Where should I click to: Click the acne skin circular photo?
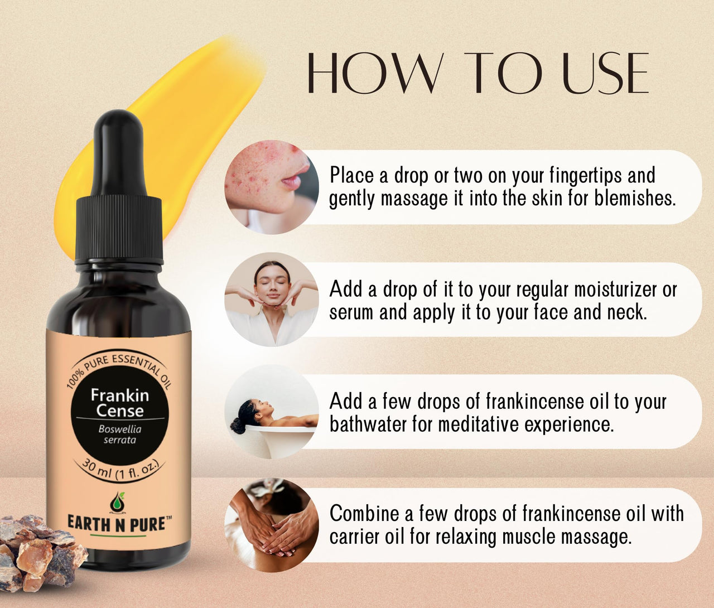click(x=272, y=187)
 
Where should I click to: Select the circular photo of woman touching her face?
click(x=272, y=299)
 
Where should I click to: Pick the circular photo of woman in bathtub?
click(x=272, y=412)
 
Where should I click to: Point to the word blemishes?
click(x=635, y=199)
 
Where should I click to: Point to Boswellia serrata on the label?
click(x=119, y=435)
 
